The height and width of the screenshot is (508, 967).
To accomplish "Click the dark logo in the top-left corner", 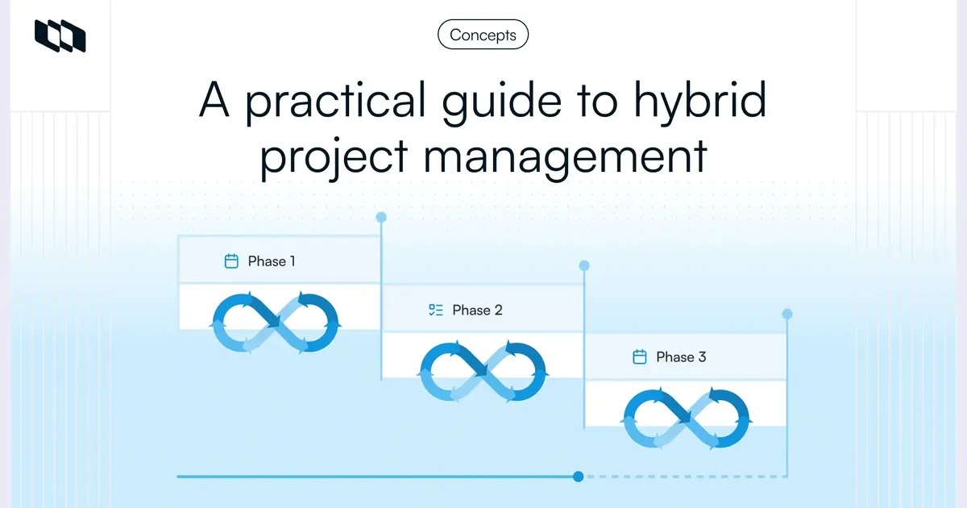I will (60, 35).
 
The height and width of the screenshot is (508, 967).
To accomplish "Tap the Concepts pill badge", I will (483, 35).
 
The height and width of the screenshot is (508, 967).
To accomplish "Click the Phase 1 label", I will (272, 261).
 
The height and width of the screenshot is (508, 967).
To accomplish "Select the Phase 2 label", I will (477, 310).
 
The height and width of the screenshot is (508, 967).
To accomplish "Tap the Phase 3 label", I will (681, 357).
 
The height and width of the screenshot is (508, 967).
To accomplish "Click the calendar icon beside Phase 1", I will (231, 261).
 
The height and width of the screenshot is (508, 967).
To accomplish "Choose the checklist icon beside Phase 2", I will (436, 310).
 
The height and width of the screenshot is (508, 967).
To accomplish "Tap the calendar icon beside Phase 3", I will (640, 357).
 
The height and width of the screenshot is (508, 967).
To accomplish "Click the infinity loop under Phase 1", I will (276, 323).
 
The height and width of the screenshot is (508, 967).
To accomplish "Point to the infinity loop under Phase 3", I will (687, 418).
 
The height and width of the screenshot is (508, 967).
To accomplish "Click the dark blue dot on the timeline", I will (578, 477).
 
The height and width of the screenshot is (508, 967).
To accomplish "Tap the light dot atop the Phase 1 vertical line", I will (381, 217).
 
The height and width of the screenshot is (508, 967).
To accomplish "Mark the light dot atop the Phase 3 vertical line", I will (787, 314).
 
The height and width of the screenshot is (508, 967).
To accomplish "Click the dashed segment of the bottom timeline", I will (685, 477).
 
